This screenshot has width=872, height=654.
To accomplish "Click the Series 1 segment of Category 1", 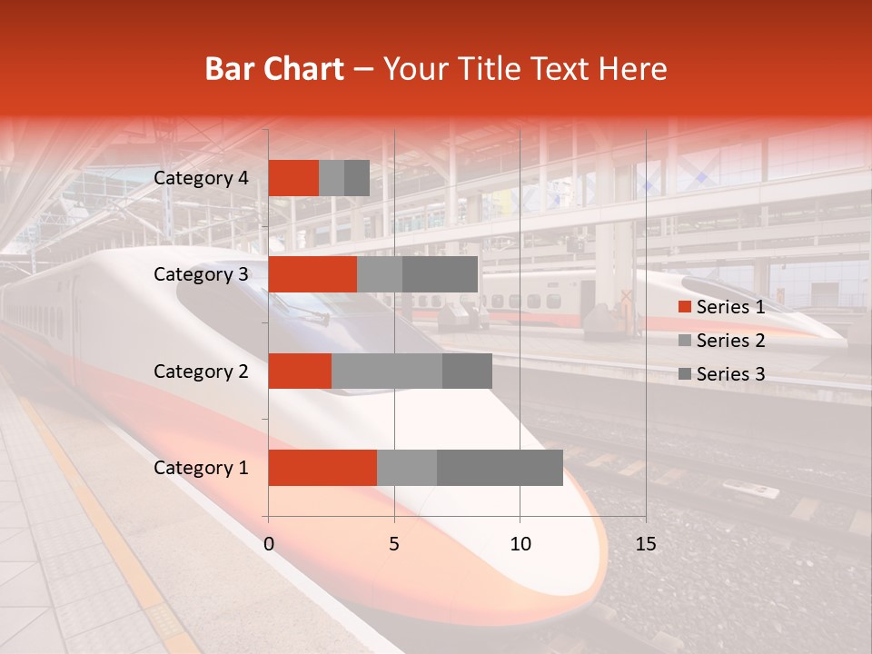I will pyautogui.click(x=322, y=468).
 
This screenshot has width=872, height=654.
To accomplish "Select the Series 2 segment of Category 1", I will pyautogui.click(x=407, y=468).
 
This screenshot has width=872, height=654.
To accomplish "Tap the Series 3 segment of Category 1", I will pyautogui.click(x=500, y=468).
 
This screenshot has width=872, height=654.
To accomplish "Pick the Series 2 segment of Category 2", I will pyautogui.click(x=387, y=371).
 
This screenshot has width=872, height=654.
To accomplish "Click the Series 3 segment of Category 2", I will pyautogui.click(x=467, y=371).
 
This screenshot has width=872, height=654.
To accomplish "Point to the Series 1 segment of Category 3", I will pyautogui.click(x=312, y=274).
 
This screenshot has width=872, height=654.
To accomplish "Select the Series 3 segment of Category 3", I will pyautogui.click(x=440, y=274).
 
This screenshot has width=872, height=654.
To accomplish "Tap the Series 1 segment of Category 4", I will pyautogui.click(x=293, y=178).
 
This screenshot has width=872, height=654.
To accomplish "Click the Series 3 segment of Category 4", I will pyautogui.click(x=357, y=178).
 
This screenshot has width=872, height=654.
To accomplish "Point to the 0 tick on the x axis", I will pyautogui.click(x=269, y=544).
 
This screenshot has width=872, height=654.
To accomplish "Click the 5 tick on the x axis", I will pyautogui.click(x=394, y=544).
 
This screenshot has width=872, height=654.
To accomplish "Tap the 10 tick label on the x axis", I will pyautogui.click(x=520, y=544).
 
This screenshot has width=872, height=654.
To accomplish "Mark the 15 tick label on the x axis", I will pyautogui.click(x=646, y=544).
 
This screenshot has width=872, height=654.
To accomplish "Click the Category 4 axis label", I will pyautogui.click(x=201, y=178).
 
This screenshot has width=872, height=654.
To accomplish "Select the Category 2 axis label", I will pyautogui.click(x=201, y=371).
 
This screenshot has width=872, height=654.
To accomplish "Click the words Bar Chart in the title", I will pyautogui.click(x=274, y=69).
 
